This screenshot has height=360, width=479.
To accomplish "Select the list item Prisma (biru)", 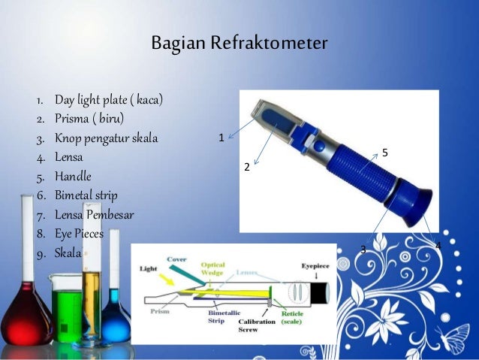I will (89, 119).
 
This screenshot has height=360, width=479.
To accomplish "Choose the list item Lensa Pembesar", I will (94, 216).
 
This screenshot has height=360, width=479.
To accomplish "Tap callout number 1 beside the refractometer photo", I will (221, 138).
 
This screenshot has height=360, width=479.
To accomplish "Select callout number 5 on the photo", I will (384, 153).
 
